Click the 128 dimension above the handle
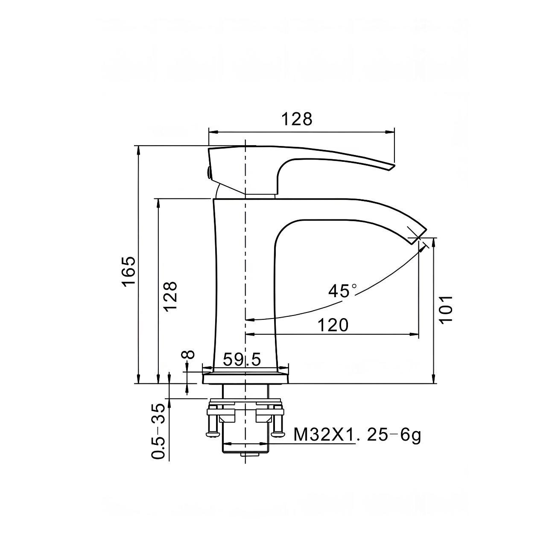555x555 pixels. tap(296, 119)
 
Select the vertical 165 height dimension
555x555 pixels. tap(129, 270)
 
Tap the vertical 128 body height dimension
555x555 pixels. tap(170, 296)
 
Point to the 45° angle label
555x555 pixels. tap(342, 290)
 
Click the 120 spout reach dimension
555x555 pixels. tap(333, 325)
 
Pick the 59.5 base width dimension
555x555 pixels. tap(242, 359)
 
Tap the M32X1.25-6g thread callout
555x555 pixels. tap(357, 435)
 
